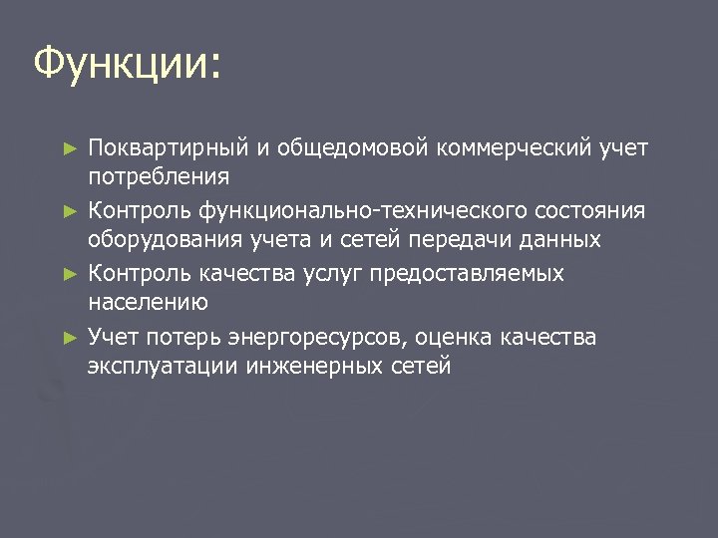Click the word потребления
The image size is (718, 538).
[x=159, y=177]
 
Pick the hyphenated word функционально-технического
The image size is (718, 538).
[x=338, y=211]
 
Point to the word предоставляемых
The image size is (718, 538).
[x=468, y=273]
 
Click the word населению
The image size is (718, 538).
[x=148, y=301]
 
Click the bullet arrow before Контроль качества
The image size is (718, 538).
[x=69, y=273]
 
